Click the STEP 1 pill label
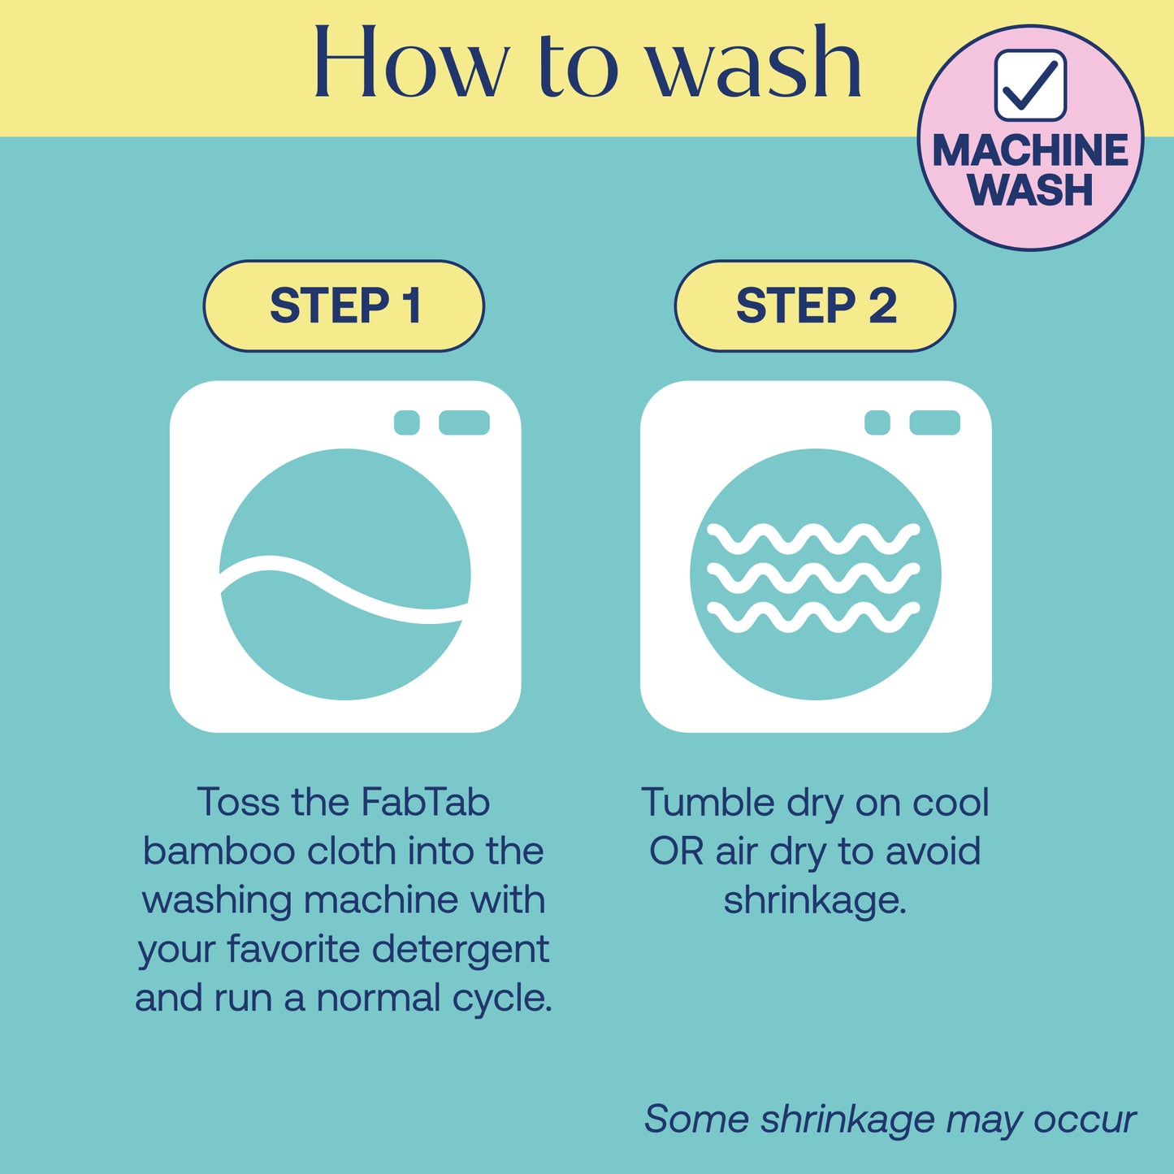[x=344, y=305]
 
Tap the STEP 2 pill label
[x=815, y=305]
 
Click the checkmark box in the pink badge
[x=1030, y=85]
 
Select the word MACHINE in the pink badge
[x=1030, y=150]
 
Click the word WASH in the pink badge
[x=1030, y=190]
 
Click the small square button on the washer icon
[x=407, y=422]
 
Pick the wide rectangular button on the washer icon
[x=464, y=422]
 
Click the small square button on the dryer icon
[x=877, y=422]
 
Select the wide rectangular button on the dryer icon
[x=935, y=422]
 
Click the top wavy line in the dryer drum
[x=813, y=539]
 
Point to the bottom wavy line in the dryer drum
[x=813, y=617]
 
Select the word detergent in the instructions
[x=461, y=949]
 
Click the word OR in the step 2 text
[x=676, y=851]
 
